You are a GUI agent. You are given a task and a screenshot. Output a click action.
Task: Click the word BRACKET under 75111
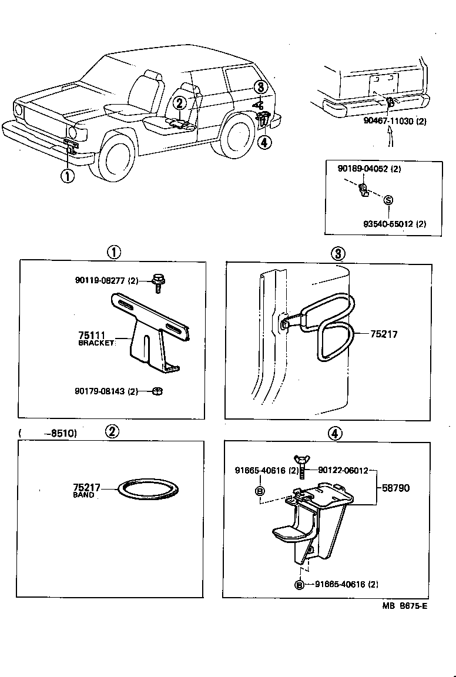point(95,343)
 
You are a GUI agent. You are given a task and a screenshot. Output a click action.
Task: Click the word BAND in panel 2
point(83,495)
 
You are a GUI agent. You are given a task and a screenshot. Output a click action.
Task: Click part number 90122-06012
point(343,470)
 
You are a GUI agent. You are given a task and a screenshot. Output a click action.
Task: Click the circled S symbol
point(388,200)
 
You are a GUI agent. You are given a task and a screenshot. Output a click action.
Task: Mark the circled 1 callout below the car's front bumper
point(69,175)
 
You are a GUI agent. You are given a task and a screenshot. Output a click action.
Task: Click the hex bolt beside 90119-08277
point(157,282)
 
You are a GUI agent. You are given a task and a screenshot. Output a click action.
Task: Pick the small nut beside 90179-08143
point(157,391)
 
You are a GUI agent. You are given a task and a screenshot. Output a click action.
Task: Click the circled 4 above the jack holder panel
point(334,433)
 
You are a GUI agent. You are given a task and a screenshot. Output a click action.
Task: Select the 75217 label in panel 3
point(383,334)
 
